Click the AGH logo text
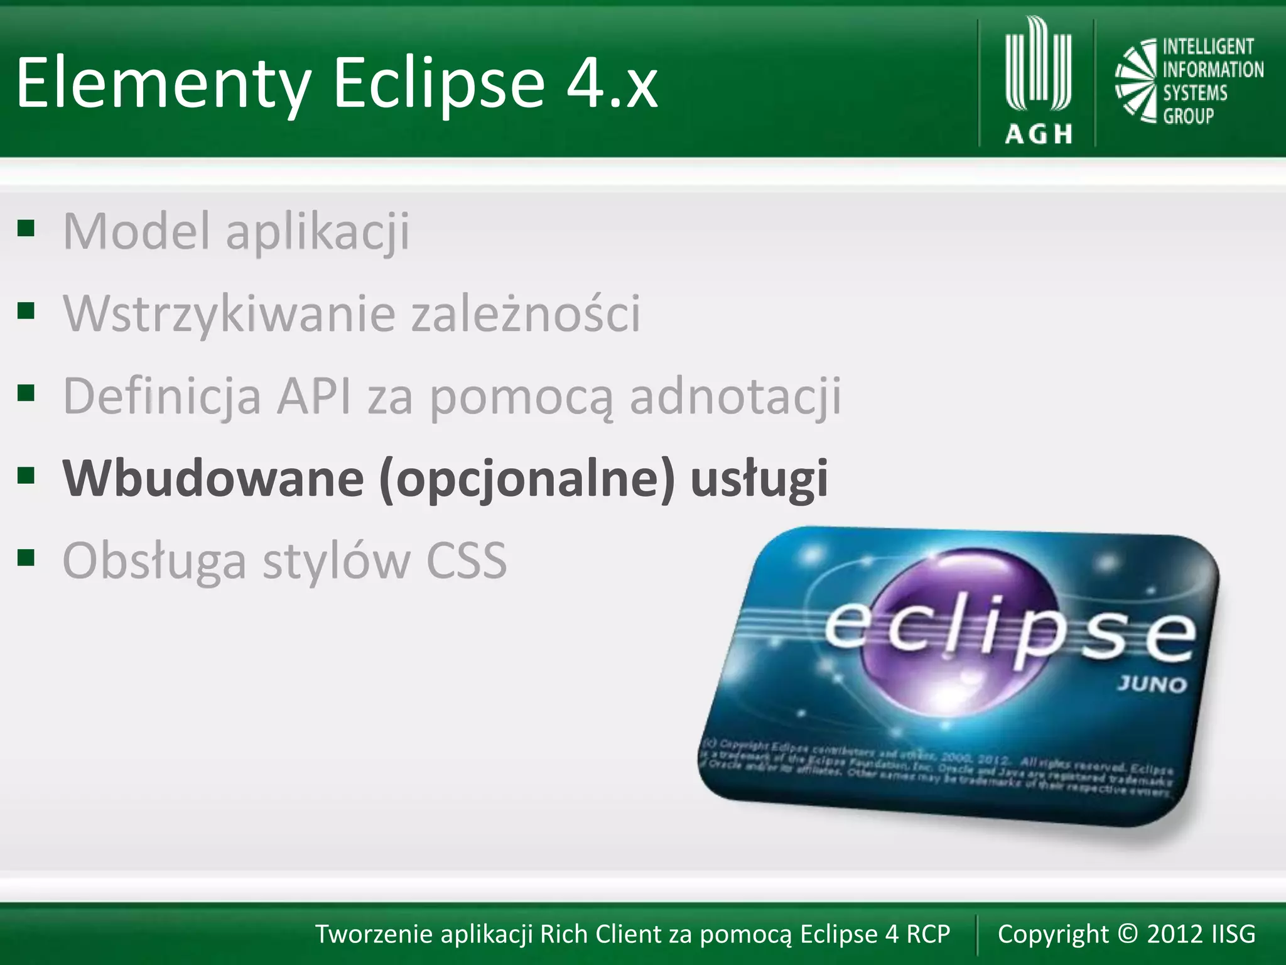point(1039,134)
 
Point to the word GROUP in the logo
point(1188,116)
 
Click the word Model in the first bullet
point(136,231)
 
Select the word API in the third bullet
point(313,396)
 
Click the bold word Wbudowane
point(213,479)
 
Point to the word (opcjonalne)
point(527,479)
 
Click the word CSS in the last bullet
point(466,560)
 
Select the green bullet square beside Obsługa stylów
point(26,557)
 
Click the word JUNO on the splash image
point(1152,684)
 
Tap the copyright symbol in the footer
point(1128,934)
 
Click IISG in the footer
point(1233,934)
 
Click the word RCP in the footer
point(928,934)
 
